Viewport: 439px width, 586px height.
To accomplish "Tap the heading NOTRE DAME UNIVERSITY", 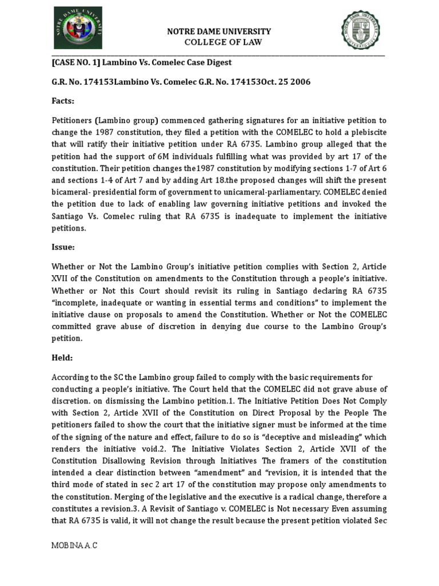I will click(x=218, y=31).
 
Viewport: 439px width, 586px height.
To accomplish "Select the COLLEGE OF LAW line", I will click(x=218, y=42).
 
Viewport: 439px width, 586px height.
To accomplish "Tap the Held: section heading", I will click(x=63, y=358).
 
